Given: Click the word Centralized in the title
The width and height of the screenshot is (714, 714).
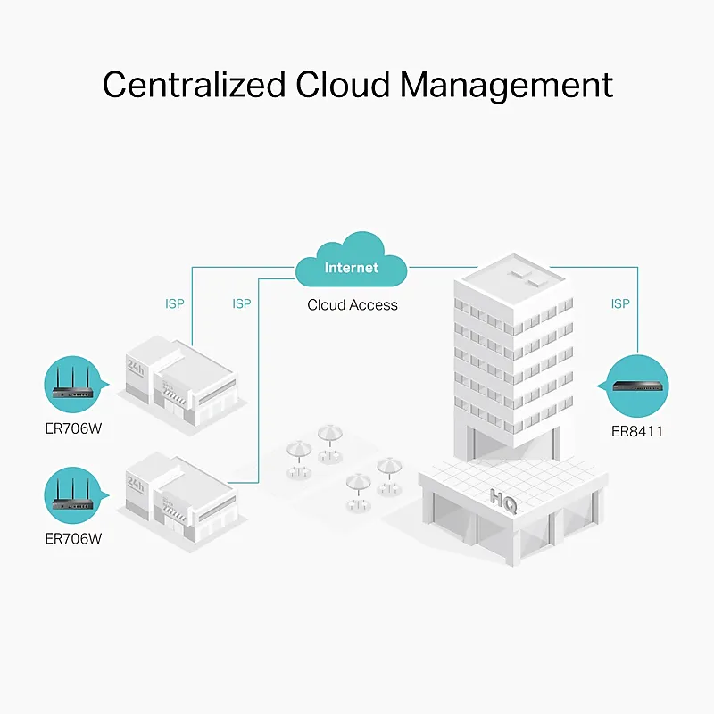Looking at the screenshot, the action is [194, 84].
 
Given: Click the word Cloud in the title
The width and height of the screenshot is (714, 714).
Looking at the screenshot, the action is [343, 84].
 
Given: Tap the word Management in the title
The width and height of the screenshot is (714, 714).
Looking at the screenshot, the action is [507, 87].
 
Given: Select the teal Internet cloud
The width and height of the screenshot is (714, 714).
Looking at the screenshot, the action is [351, 260].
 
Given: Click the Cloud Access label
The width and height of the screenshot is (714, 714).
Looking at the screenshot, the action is [353, 304].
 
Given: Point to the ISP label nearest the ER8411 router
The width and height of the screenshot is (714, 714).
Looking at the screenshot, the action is [620, 303].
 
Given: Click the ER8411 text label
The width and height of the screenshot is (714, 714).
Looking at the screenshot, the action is [637, 431].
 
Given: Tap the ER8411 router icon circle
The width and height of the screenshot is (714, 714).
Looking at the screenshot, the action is [637, 386].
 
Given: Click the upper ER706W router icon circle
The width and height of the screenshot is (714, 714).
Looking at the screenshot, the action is [73, 385].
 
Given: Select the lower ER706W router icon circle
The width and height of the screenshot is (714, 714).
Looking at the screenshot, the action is [73, 495].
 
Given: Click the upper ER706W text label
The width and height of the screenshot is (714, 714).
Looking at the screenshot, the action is [73, 428].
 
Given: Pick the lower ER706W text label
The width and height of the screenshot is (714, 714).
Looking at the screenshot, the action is [73, 539].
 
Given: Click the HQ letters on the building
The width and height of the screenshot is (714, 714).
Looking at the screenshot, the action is [503, 501].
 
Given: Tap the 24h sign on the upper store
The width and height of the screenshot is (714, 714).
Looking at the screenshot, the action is [136, 367].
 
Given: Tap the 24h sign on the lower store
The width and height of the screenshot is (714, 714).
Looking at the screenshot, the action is [136, 483].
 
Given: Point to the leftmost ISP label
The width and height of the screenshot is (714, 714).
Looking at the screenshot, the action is [175, 303].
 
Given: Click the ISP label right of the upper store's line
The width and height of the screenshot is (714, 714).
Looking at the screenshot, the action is [242, 303].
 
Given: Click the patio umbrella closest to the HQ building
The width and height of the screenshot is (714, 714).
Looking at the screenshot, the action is [389, 475].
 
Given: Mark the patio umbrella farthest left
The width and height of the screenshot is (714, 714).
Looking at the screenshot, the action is [299, 458].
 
